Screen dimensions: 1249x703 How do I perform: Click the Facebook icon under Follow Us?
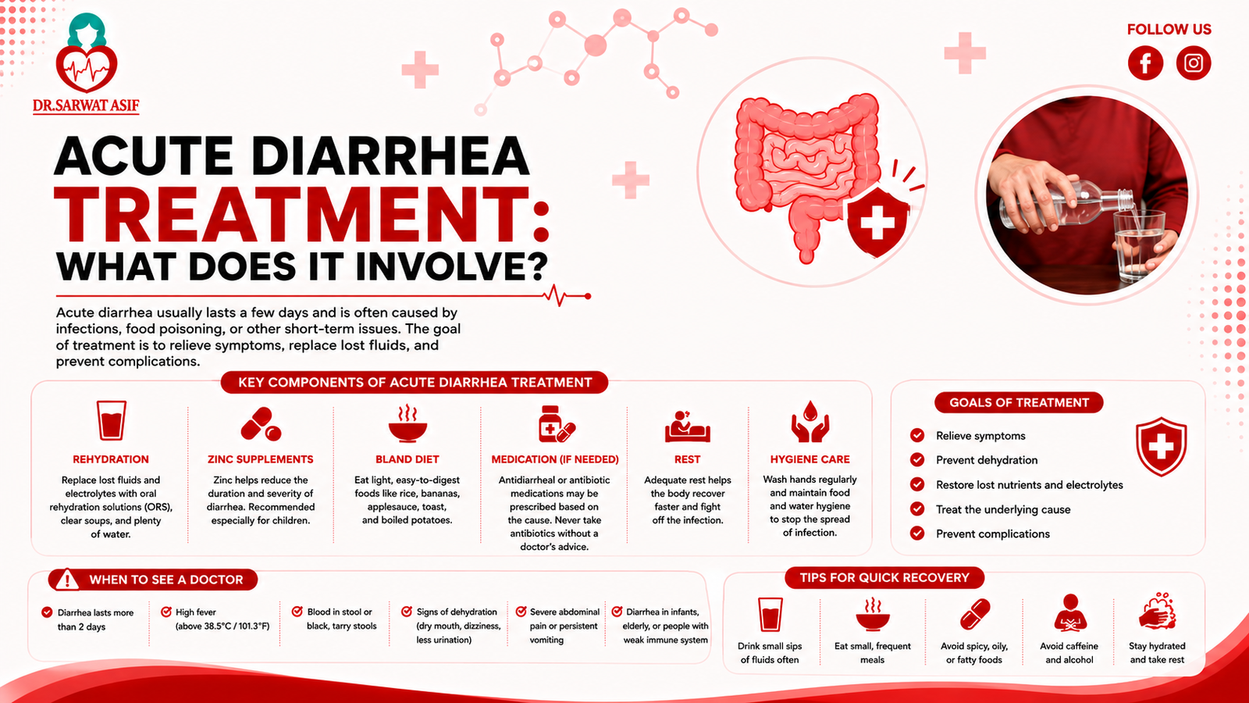pyautogui.click(x=1145, y=63)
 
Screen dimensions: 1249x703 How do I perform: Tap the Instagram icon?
pyautogui.click(x=1194, y=63)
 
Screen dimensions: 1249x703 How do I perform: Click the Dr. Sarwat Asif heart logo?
pyautogui.click(x=87, y=54)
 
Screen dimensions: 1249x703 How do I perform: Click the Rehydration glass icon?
pyautogui.click(x=111, y=421)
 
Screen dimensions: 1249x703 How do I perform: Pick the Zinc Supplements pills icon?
pyautogui.click(x=261, y=424)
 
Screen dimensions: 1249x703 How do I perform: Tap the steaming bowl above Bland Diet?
pyautogui.click(x=407, y=423)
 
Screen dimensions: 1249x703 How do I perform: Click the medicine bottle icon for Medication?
pyautogui.click(x=556, y=423)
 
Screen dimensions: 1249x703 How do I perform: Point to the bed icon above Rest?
pyautogui.click(x=688, y=426)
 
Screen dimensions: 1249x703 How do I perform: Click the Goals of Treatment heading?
pyautogui.click(x=1019, y=403)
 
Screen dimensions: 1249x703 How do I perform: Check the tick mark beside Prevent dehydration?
pyautogui.click(x=917, y=460)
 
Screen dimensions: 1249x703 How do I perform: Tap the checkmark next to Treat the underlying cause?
pyautogui.click(x=917, y=509)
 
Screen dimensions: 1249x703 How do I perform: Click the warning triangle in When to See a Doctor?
pyautogui.click(x=67, y=580)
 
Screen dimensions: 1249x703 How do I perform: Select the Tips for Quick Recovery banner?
pyautogui.click(x=884, y=577)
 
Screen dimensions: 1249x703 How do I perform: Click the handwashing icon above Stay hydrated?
pyautogui.click(x=1157, y=612)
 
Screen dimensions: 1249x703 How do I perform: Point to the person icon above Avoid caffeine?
pyautogui.click(x=1070, y=613)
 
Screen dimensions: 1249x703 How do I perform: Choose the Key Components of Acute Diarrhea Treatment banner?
pyautogui.click(x=415, y=383)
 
